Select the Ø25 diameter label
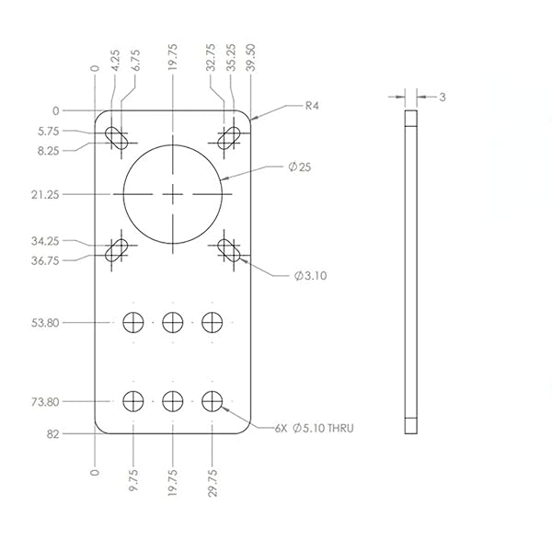[298, 167]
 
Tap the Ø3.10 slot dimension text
[310, 275]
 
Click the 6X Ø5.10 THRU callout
[315, 428]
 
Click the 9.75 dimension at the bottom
[133, 483]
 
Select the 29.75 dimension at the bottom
[213, 483]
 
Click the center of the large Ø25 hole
[173, 194]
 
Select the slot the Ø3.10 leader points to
[229, 249]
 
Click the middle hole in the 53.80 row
[173, 322]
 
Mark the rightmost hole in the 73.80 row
[213, 401]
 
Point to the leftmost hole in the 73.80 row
[133, 401]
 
